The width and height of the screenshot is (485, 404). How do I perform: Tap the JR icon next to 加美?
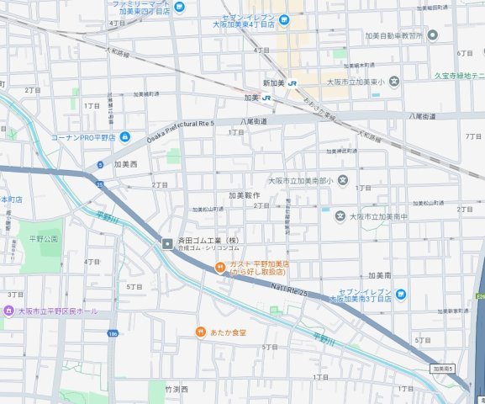pyautogui.click(x=266, y=98)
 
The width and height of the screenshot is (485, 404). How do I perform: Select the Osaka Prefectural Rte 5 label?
pyautogui.click(x=182, y=131)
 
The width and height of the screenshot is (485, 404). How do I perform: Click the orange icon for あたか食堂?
pyautogui.click(x=201, y=332)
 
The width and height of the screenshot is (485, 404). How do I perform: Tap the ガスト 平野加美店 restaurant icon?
pyautogui.click(x=219, y=268)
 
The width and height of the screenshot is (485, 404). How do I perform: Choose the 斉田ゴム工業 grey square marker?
pyautogui.click(x=167, y=242)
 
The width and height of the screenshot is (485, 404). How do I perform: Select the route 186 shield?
pyautogui.click(x=113, y=334)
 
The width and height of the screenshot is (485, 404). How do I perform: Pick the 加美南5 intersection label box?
pyautogui.click(x=443, y=369)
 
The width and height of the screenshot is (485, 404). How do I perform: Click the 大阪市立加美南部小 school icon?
pyautogui.click(x=342, y=180)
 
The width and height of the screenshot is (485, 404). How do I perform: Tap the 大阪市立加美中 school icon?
pyautogui.click(x=340, y=216)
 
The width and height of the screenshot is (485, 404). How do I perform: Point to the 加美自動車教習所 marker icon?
pyautogui.click(x=432, y=35)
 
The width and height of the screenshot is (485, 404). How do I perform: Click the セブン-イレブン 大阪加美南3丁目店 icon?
pyautogui.click(x=401, y=293)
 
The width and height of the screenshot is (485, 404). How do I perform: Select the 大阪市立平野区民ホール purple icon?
pyautogui.click(x=8, y=311)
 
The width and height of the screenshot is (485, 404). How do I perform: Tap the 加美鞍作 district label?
pyautogui.click(x=242, y=194)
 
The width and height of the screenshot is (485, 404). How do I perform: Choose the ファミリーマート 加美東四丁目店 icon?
pyautogui.click(x=179, y=8)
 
